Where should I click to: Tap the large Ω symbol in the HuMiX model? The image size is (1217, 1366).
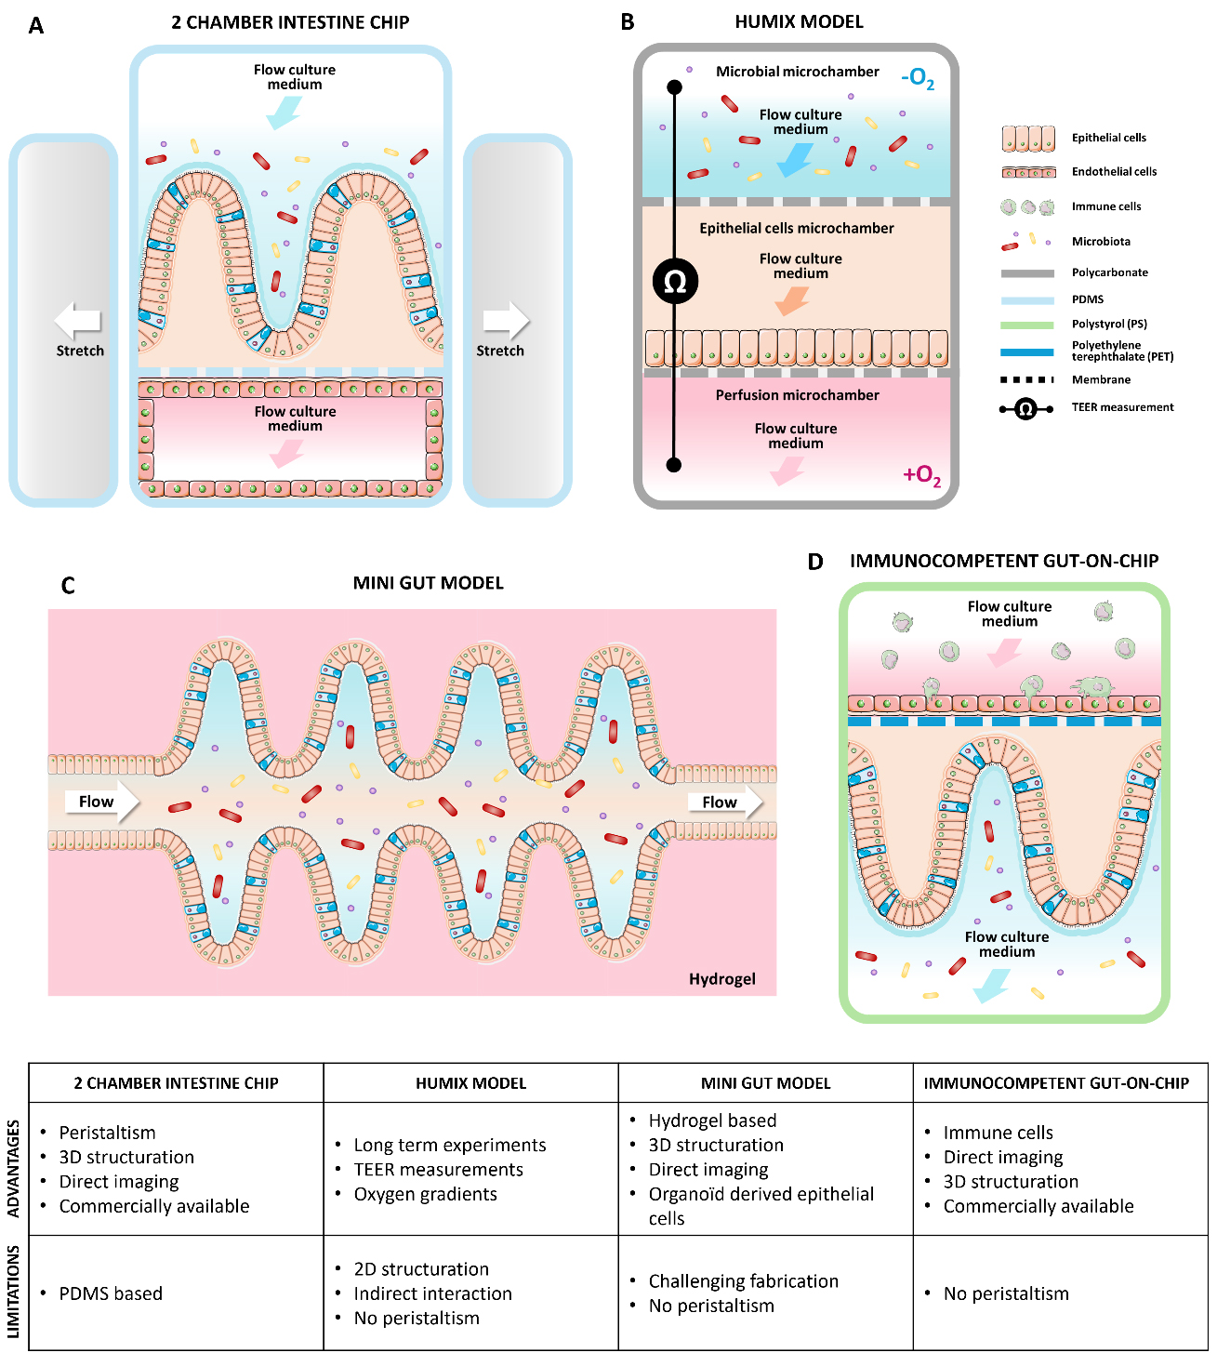tap(675, 281)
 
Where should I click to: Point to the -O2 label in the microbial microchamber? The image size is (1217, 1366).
tap(918, 78)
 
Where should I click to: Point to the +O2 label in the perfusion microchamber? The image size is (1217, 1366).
tap(921, 475)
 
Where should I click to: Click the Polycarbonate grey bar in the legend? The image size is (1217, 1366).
tap(1027, 273)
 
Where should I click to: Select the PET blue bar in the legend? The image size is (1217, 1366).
tap(1027, 352)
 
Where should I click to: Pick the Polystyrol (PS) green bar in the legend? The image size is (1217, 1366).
tap(1027, 325)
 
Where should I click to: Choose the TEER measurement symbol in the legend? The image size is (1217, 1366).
tap(1025, 408)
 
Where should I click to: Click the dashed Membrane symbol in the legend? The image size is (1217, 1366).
tap(1027, 379)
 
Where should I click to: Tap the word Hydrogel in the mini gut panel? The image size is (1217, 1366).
tap(721, 979)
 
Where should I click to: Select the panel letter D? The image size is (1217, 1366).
tap(815, 562)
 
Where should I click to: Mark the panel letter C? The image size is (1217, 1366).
tap(67, 586)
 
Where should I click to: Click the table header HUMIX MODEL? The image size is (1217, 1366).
tap(470, 1083)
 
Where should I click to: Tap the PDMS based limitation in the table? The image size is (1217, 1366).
tap(111, 1293)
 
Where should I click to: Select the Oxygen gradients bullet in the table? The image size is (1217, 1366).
tap(425, 1194)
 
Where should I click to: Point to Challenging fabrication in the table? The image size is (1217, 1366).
tap(743, 1281)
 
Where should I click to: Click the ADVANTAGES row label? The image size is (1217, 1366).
tap(13, 1169)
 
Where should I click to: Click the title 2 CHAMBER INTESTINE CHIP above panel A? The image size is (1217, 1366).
tap(290, 23)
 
